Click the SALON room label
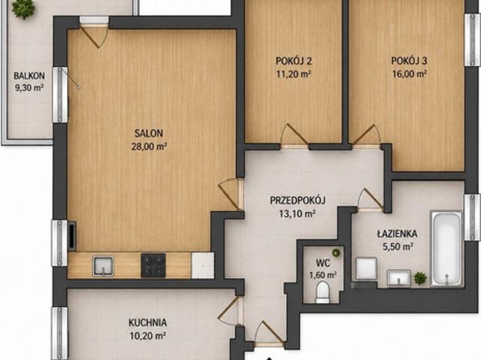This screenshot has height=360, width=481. point(149,133)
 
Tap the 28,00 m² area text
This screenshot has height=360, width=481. point(149,147)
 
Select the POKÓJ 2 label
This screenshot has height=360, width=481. point(294,61)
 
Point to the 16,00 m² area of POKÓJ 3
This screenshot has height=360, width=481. point(409,74)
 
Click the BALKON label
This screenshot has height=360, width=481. point(29,75)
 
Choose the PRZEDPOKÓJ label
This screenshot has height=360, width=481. point(298,201)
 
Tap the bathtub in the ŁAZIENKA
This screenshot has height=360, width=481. point(446,249)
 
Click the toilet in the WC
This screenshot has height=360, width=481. point(322,292)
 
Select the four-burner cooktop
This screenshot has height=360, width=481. point(153,265)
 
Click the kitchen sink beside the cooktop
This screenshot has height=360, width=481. point(103,266)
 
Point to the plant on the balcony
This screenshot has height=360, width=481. point(23,8)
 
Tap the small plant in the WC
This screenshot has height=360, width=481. point(336,253)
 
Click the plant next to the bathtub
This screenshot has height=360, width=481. point(420,278)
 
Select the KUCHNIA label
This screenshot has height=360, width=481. point(147,322)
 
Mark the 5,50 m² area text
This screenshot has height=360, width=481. point(398,247)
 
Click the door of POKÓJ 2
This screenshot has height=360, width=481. point(295,135)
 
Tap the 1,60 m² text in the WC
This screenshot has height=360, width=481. point(323,275)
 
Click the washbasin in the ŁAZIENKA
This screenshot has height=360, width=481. point(398,277)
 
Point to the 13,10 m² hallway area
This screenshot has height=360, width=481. point(298,213)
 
